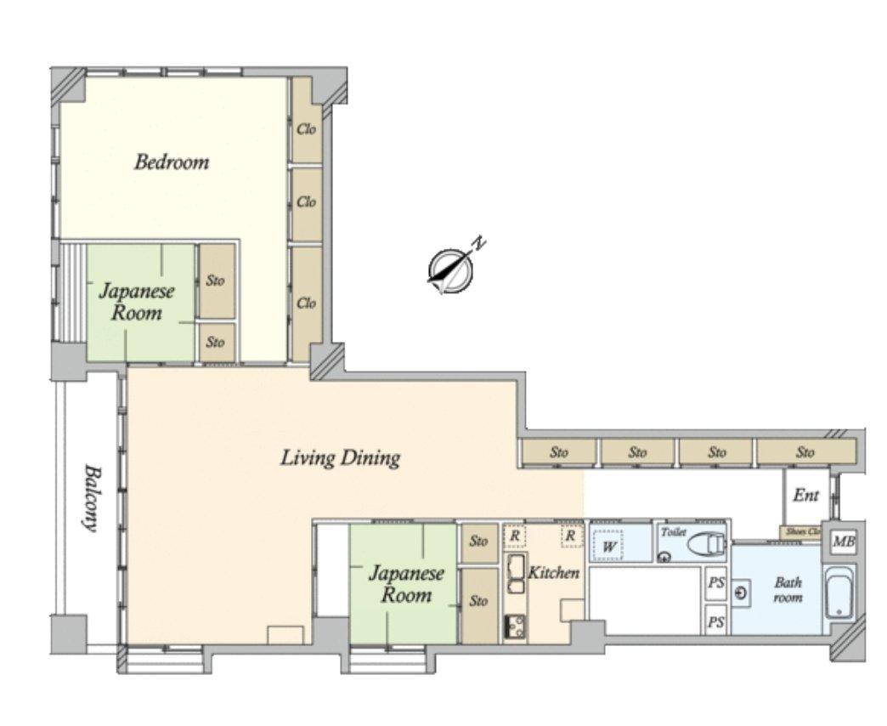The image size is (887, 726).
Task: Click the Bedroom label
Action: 172,162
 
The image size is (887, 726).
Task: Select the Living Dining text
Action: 341,457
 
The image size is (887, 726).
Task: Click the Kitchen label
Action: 553,573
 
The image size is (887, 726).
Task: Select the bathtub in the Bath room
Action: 839,593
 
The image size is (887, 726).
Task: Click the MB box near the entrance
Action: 843,542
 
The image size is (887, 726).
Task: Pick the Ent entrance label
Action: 806,496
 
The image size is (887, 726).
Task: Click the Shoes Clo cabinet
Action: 801,532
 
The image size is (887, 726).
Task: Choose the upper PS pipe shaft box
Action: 716,582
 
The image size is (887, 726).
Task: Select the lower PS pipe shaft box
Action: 716,621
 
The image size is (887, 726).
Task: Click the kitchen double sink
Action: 517,574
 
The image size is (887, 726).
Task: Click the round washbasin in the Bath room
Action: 741,593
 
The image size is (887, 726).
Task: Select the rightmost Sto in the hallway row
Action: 805,452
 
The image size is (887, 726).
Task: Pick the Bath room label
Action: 788,590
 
